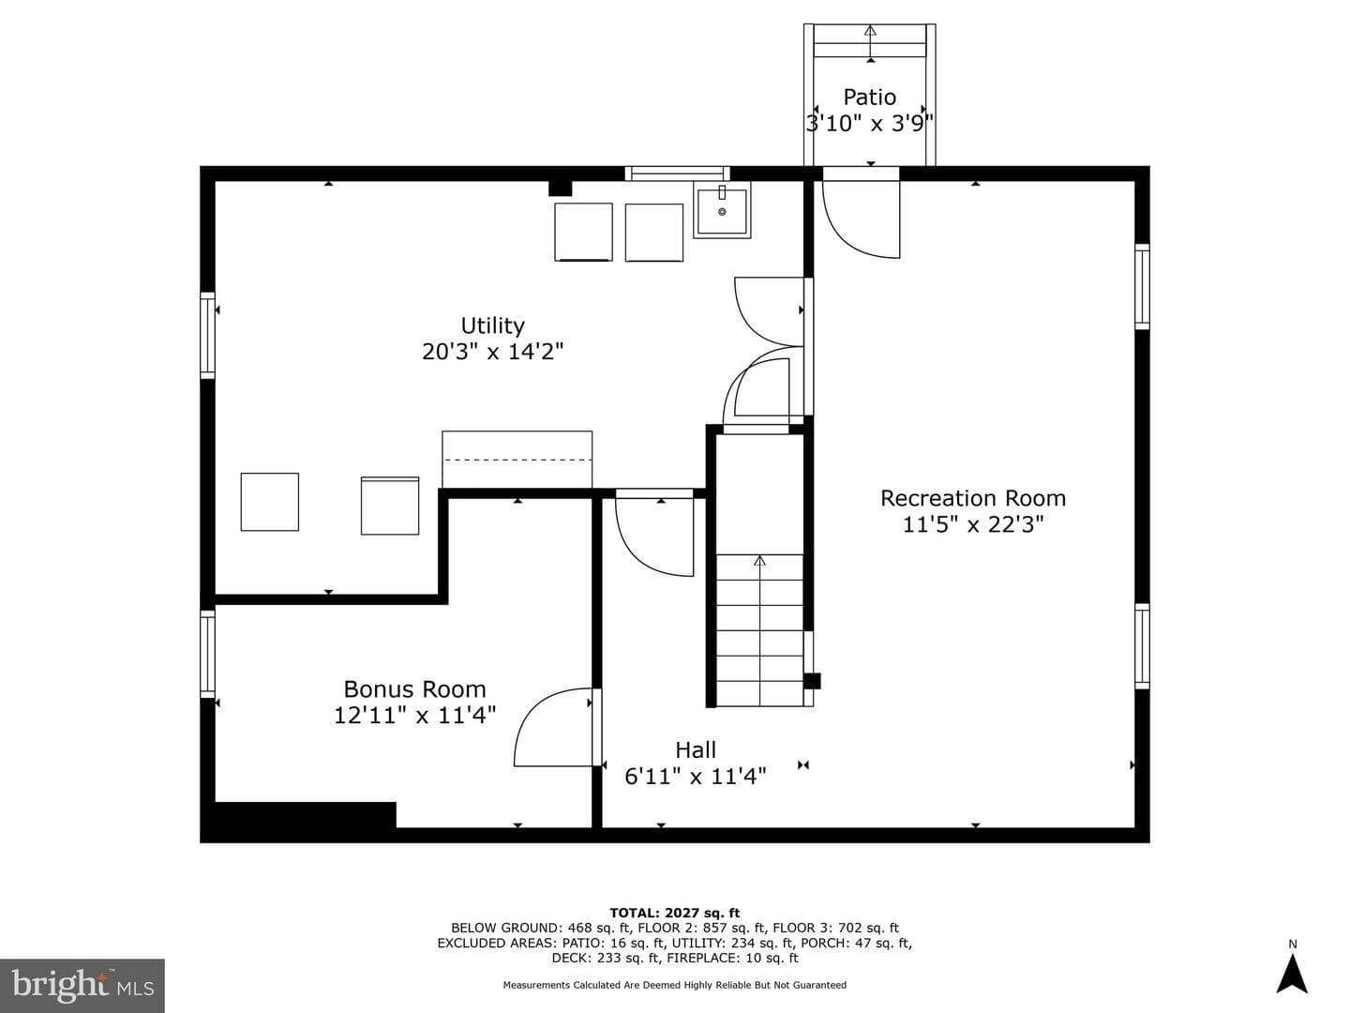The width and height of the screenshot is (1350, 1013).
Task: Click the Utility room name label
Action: point(492,325)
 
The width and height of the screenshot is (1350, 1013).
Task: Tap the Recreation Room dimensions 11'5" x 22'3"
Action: point(973,524)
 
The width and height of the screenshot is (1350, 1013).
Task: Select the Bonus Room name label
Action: point(414,688)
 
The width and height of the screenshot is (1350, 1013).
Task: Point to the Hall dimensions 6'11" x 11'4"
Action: point(696,777)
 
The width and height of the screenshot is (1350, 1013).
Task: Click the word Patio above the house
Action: point(870,98)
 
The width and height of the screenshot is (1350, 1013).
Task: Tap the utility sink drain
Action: point(722,212)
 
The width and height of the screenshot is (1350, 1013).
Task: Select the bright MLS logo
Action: point(82,985)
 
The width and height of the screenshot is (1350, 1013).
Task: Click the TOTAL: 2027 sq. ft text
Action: point(675,913)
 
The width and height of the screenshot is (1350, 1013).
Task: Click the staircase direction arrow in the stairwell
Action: point(759,629)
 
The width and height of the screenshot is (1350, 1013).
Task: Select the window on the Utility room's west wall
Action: point(208,335)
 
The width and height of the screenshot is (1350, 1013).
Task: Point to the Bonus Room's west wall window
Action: point(208,654)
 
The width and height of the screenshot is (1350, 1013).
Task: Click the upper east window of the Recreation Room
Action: point(1142,287)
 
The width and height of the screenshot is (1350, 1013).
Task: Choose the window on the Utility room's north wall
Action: point(677,174)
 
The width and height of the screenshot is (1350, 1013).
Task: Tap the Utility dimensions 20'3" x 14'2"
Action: point(492,352)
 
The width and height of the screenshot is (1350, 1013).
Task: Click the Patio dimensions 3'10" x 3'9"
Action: point(870,124)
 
